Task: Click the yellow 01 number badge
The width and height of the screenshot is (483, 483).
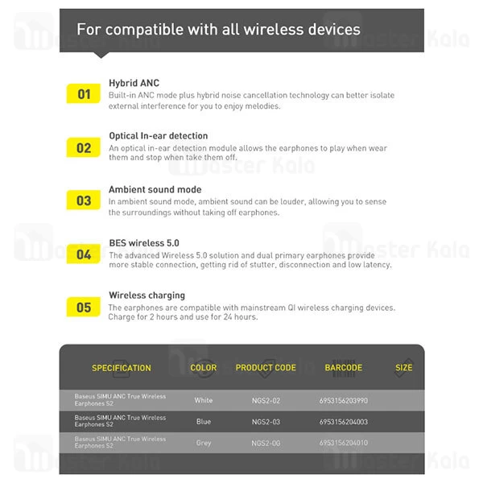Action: point(84,94)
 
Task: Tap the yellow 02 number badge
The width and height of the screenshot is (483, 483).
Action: point(84,147)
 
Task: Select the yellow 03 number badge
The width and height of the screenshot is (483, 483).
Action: point(84,200)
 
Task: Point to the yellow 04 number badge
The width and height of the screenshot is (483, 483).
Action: point(84,254)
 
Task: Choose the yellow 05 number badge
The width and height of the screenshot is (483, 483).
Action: point(84,307)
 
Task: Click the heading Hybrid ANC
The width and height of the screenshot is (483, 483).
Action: point(134,83)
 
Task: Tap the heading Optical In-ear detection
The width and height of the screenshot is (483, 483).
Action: point(158,136)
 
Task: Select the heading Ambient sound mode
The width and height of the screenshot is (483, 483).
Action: point(155,190)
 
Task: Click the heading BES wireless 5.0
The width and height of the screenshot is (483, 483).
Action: point(143,242)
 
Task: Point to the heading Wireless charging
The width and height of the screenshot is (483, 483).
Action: point(147,295)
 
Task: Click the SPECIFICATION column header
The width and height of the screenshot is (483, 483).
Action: point(122,368)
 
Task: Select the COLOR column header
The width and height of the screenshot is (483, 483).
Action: point(204,368)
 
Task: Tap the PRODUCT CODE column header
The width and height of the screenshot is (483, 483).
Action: point(266,368)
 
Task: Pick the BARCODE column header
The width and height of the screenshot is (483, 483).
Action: point(344,368)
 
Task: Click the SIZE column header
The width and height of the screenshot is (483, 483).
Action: point(404,368)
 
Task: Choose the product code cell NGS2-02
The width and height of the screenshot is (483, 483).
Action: point(266,400)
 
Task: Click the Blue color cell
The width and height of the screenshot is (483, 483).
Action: point(204,421)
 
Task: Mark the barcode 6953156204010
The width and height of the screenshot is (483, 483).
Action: point(344,443)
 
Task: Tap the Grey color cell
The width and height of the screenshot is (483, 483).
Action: point(204,443)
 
